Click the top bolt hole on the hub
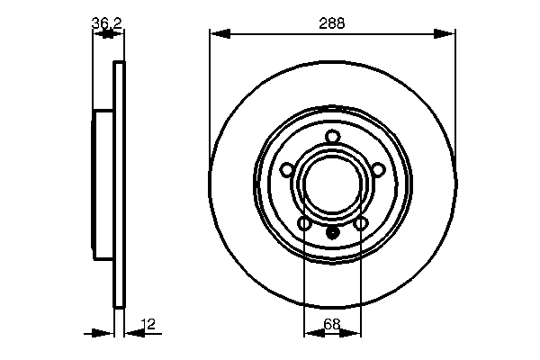332,137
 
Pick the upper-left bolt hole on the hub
287,169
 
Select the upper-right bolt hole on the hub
378,169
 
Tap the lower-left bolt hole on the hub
304,222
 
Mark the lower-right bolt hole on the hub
361,222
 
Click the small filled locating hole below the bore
332,232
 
